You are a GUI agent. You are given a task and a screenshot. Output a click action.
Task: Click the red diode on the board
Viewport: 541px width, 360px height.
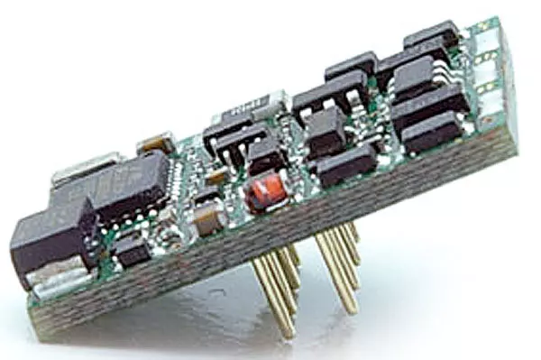point(261,191)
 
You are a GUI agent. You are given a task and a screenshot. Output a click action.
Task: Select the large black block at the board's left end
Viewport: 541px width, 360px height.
point(50,240)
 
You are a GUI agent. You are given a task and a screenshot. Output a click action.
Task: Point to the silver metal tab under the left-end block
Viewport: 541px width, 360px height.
point(60,287)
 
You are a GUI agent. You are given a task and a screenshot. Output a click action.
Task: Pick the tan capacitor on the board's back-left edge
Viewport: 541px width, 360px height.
point(155,142)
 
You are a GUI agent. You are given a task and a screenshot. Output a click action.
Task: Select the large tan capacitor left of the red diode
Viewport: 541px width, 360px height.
point(208,216)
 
